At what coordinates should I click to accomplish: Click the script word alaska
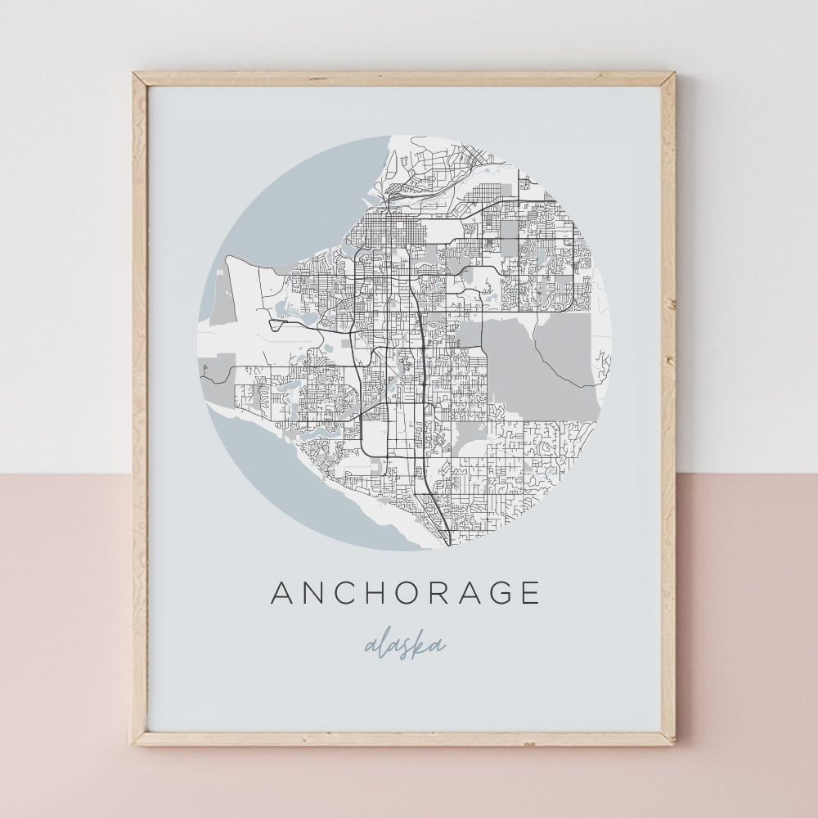405,645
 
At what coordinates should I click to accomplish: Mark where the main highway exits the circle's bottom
447,543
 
